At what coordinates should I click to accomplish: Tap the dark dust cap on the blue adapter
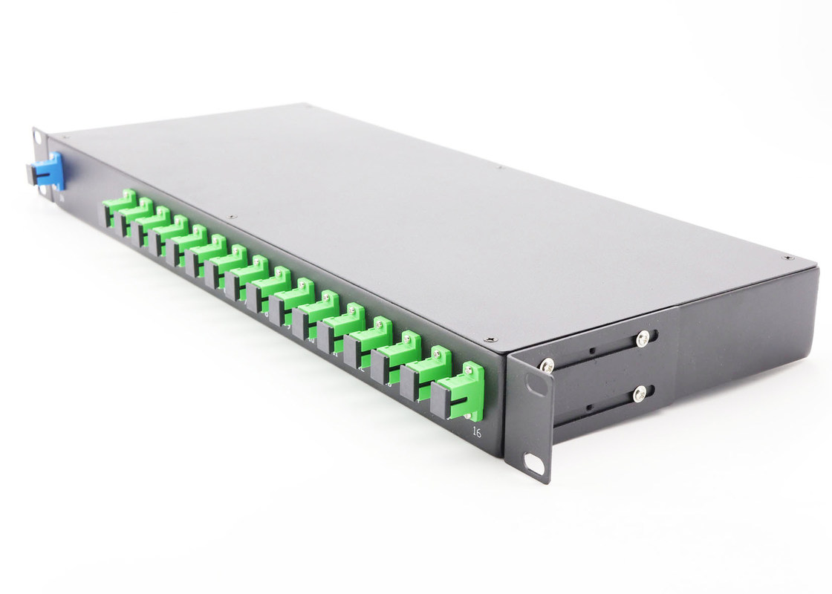[x=33, y=174]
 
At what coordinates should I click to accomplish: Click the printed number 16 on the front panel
[x=476, y=431]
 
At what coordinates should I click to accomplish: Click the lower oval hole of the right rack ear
[x=533, y=463]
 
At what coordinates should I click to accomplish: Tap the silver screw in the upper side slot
[x=642, y=339]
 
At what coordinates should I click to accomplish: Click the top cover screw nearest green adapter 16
[x=490, y=339]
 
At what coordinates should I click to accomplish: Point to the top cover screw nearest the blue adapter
[x=67, y=137]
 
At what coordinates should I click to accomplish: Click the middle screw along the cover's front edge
[x=233, y=217]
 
